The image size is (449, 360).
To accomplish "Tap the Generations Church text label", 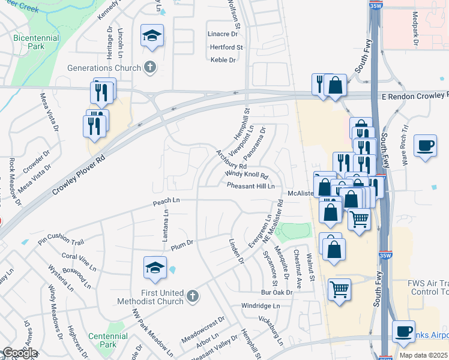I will [105, 67].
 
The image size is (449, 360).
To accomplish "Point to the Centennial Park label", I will [103, 340].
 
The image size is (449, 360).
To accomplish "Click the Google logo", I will [19, 353].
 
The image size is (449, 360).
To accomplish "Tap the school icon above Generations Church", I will [152, 35].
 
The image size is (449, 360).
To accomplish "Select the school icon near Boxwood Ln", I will [155, 268].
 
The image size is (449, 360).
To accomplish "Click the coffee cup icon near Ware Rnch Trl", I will [425, 146].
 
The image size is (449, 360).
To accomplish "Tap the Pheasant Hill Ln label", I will [250, 187].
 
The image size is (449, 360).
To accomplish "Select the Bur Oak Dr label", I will [276, 293].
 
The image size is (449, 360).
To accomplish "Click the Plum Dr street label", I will [181, 244].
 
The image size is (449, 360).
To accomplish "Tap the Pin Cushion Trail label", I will [61, 241].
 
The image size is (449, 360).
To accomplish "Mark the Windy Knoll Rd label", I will [246, 175].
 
